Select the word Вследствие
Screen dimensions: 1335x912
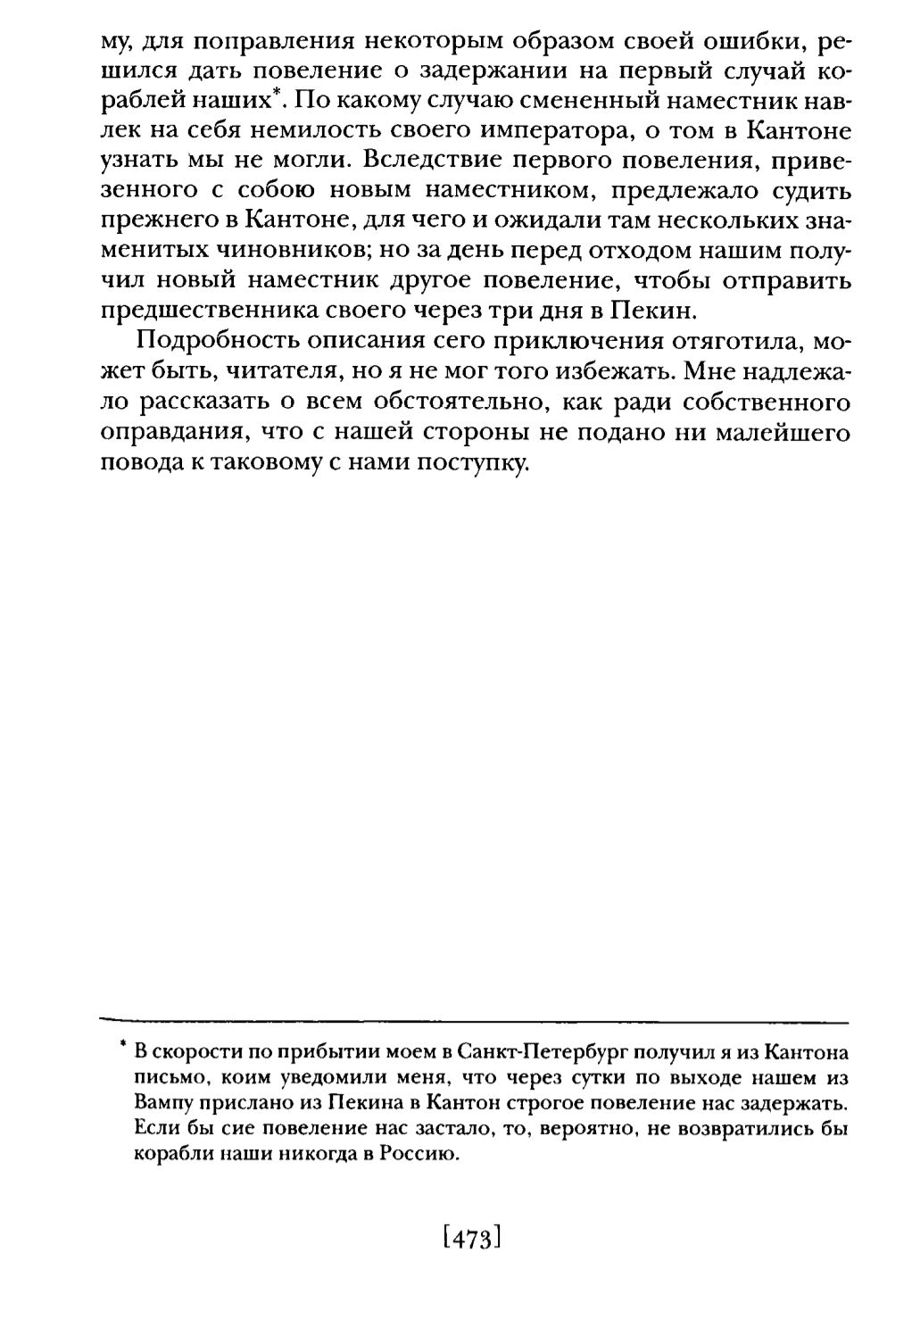(x=449, y=162)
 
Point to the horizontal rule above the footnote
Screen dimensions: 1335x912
(x=473, y=1021)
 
